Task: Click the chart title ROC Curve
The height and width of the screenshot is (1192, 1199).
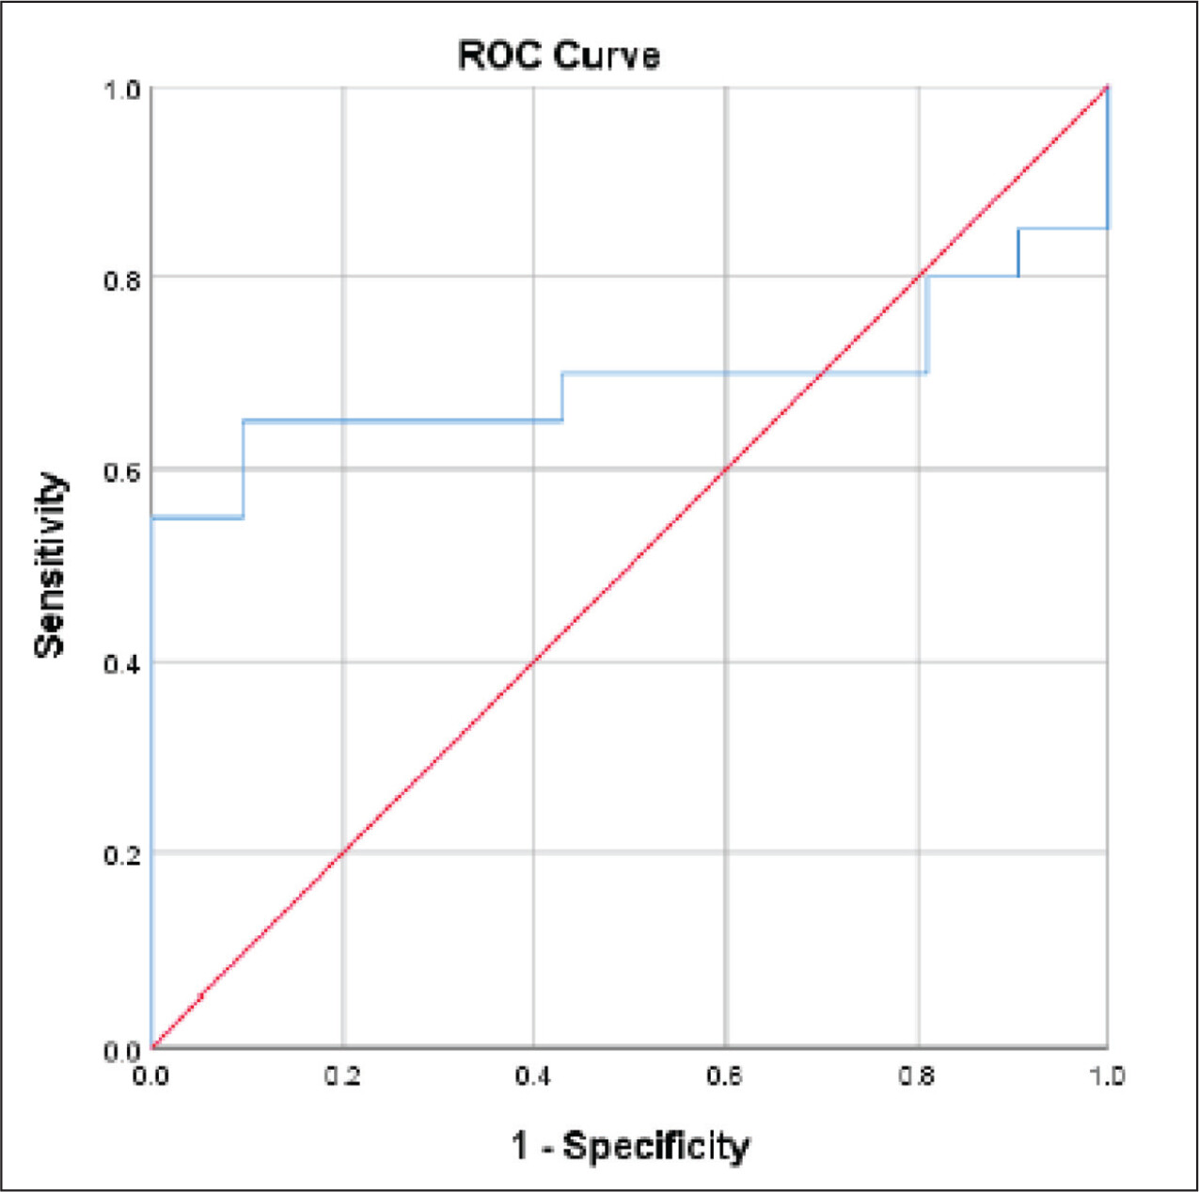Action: click(x=559, y=56)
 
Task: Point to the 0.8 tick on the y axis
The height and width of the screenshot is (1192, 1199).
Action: click(x=123, y=279)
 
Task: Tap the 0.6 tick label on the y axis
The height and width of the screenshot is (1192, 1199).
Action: click(x=123, y=471)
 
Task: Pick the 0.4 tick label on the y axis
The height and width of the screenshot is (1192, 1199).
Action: click(x=123, y=664)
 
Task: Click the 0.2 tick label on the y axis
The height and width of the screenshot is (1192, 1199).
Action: click(x=123, y=855)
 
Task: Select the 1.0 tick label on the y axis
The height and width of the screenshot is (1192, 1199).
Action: click(x=123, y=89)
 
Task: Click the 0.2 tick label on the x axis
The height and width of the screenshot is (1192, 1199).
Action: click(x=342, y=1075)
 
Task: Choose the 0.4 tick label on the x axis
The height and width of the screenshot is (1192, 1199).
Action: click(x=533, y=1075)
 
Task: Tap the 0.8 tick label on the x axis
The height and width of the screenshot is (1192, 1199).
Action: click(x=916, y=1075)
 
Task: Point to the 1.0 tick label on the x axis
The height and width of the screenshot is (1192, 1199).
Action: click(x=1107, y=1075)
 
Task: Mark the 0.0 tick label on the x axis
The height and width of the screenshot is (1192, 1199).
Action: click(x=150, y=1075)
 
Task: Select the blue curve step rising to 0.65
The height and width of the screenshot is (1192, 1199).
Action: click(x=244, y=469)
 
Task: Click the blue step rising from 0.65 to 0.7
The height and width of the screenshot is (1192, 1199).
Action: click(x=562, y=397)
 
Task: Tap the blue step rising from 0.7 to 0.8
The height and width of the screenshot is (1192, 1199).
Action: click(x=926, y=325)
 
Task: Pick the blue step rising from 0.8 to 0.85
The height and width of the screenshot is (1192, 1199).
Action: click(x=1018, y=252)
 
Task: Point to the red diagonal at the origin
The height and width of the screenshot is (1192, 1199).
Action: click(x=152, y=1047)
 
